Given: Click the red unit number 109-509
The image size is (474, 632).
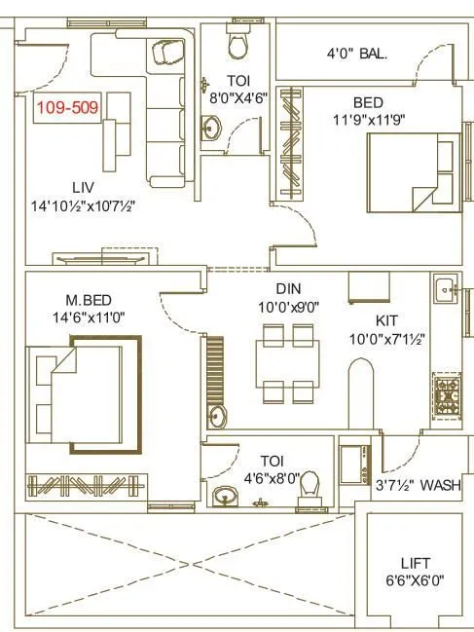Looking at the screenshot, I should pos(68,108).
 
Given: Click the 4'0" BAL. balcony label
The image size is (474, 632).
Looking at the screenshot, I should pos(357,55).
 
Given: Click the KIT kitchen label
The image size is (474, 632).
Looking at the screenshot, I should pos(388,319).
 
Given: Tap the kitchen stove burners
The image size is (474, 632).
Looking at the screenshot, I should pos(446,393).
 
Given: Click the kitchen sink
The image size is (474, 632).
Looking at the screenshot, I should pos(447,288).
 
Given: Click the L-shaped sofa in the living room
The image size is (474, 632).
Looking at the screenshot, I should pos(161,107).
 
